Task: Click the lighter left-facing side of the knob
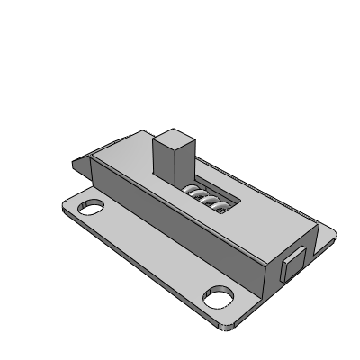pos(164,162)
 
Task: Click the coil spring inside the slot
pos(208,198)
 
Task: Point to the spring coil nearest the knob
pos(192,190)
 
